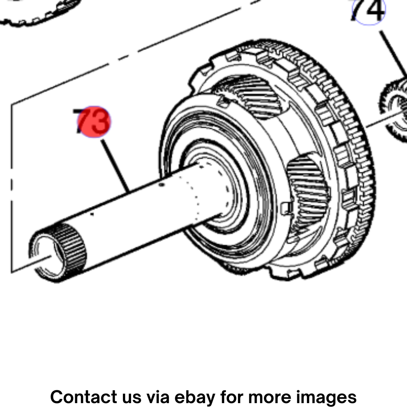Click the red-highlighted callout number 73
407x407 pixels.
click(x=92, y=121)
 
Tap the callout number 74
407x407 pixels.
click(x=368, y=10)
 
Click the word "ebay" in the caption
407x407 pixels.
click(x=195, y=397)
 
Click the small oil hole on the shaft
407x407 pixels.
click(x=162, y=185)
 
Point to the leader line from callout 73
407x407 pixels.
click(x=116, y=166)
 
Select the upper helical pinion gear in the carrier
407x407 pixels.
click(x=249, y=96)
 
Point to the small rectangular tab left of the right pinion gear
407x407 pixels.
click(x=287, y=208)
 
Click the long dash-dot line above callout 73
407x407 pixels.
click(x=135, y=52)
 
